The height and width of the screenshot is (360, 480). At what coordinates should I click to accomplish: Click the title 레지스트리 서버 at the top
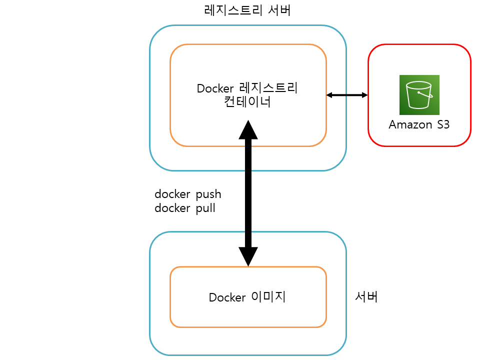247,10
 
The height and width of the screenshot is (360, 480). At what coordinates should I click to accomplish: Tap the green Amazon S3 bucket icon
419,95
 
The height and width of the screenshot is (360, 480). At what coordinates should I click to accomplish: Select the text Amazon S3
419,124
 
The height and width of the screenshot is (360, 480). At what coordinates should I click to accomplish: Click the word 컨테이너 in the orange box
248,102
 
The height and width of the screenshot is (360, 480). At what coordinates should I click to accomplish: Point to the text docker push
187,194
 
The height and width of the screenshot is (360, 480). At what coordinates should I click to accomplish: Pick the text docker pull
185,208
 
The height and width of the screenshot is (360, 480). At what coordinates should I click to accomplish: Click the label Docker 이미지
247,297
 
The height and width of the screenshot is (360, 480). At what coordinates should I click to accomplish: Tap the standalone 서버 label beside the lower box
366,297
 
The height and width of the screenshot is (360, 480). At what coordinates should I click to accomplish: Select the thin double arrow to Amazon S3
347,94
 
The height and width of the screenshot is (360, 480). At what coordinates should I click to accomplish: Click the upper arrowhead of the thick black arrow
248,129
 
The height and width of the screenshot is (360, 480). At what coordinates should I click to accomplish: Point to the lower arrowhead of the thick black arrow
248,257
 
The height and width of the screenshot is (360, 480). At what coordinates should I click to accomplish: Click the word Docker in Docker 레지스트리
215,89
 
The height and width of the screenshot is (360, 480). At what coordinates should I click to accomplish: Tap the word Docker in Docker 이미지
227,297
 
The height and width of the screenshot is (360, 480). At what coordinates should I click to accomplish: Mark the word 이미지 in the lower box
267,297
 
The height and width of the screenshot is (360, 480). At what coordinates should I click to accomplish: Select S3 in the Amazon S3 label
442,124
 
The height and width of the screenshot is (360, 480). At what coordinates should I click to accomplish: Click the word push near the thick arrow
206,194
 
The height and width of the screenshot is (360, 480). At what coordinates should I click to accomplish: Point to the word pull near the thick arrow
204,208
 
